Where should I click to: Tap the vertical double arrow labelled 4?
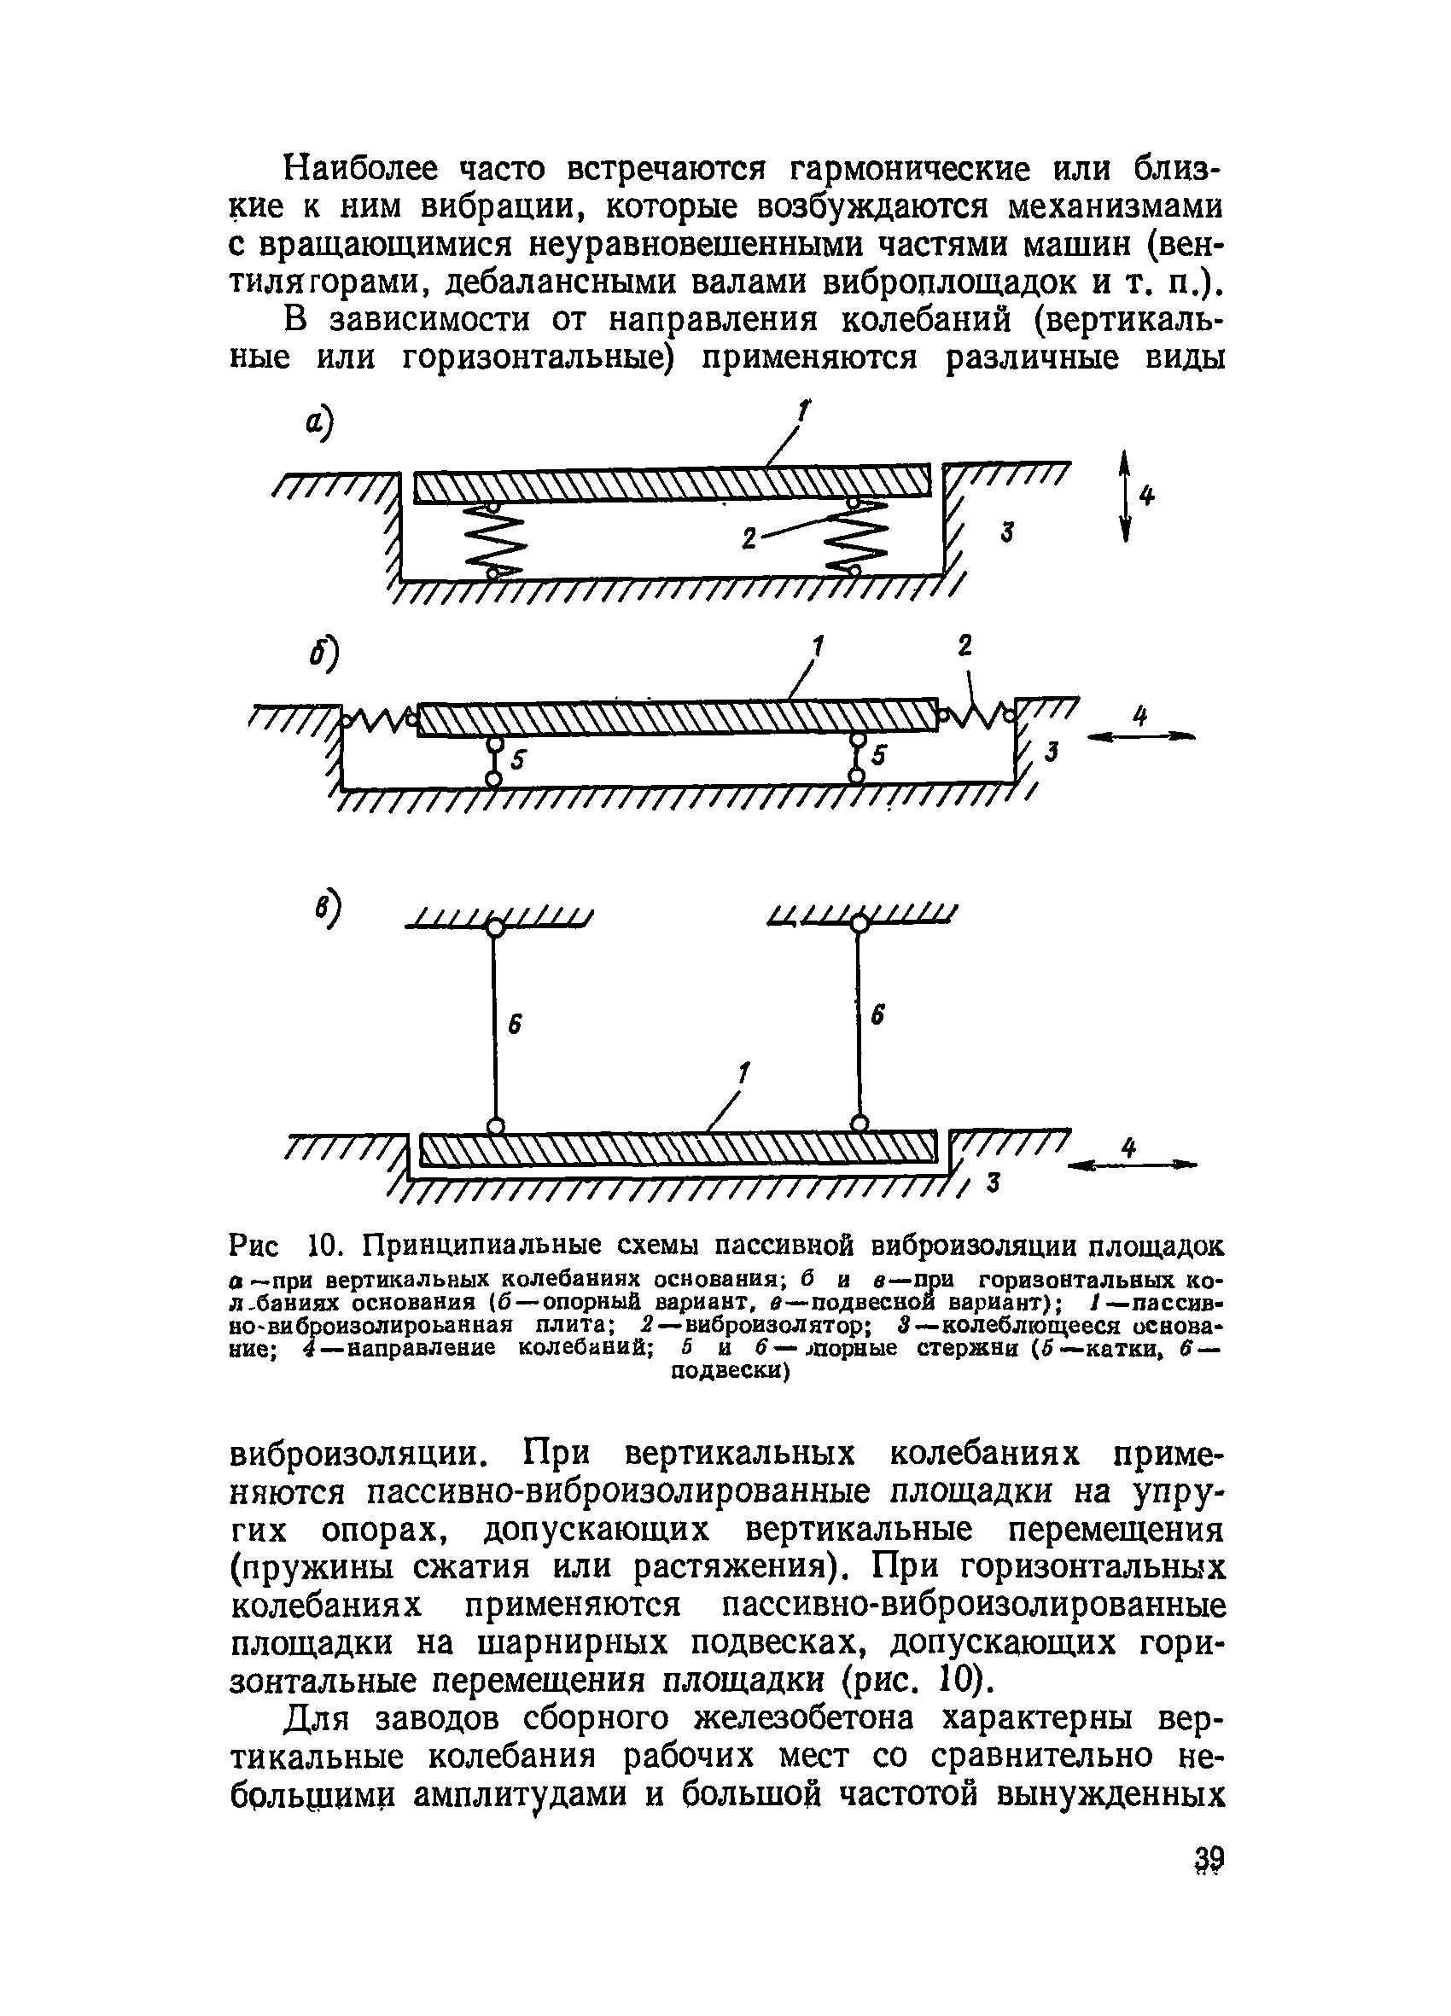pyautogui.click(x=1125, y=496)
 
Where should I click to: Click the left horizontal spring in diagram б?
pyautogui.click(x=378, y=717)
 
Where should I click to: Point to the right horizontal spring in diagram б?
pyautogui.click(x=976, y=712)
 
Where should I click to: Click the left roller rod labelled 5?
pyautogui.click(x=493, y=758)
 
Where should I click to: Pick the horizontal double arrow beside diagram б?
pyautogui.click(x=1140, y=736)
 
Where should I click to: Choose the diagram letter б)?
pyautogui.click(x=323, y=656)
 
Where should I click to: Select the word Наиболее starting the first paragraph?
pyautogui.click(x=360, y=169)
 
